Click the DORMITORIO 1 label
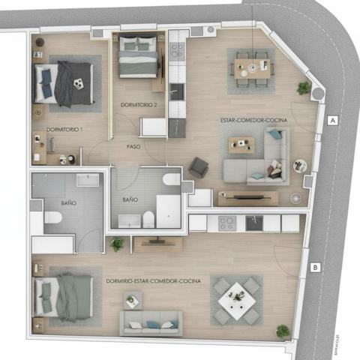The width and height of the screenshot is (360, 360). point(64,130)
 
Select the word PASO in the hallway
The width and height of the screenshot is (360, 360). point(133,146)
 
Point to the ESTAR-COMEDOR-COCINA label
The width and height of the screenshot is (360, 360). point(251,118)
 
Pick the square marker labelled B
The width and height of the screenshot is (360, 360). point(316,267)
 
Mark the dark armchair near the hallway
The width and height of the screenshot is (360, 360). point(199,166)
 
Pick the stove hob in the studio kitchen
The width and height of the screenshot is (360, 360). point(226,223)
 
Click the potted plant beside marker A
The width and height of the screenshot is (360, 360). point(303,88)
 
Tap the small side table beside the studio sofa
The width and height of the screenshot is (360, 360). point(133,301)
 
